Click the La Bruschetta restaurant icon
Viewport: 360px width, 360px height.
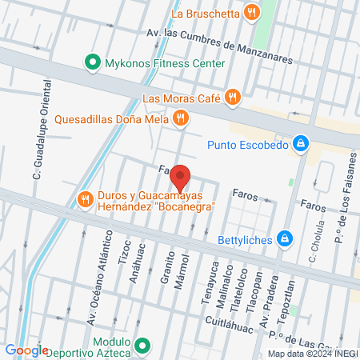tap(252, 12)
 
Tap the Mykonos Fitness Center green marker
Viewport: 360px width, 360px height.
tap(92, 62)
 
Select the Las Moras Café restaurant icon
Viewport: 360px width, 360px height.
tap(232, 98)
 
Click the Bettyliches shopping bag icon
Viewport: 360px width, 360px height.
tap(284, 238)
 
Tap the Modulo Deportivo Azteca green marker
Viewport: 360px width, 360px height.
tap(142, 346)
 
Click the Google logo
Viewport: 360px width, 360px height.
tap(26, 350)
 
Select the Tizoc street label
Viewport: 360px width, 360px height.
tap(124, 250)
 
